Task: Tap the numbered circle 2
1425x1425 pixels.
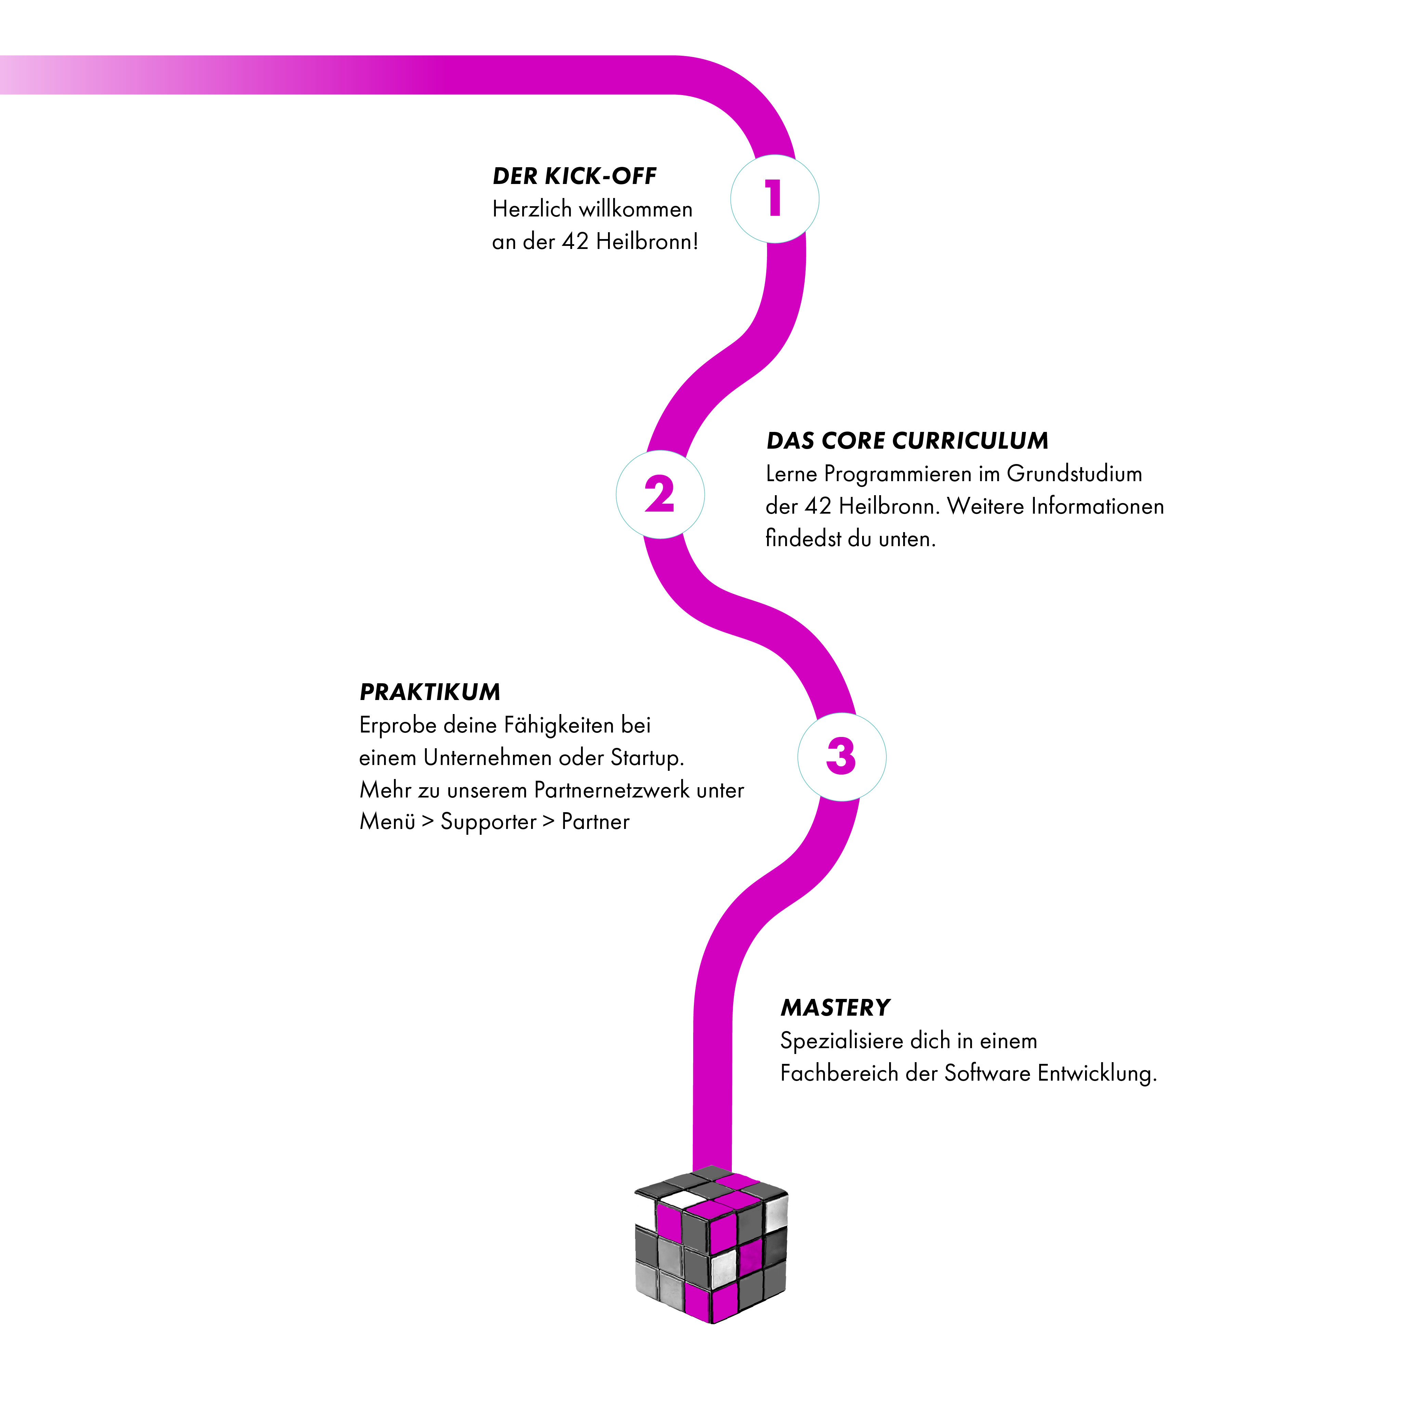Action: click(x=660, y=494)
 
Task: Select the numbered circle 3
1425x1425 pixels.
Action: click(x=842, y=757)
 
